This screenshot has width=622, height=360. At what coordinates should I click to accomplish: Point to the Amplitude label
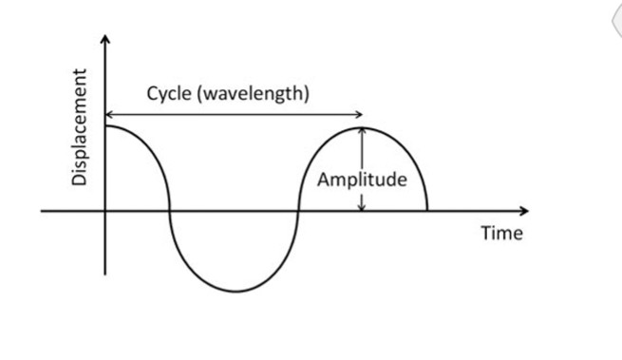coord(362,180)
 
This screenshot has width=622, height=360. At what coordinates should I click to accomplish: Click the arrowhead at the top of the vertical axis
coord(105,39)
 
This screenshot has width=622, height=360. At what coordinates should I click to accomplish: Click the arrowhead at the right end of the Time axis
coord(526,210)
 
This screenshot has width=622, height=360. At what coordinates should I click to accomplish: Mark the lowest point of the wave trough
coord(235,292)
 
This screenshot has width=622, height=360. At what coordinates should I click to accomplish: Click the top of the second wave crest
coord(362,127)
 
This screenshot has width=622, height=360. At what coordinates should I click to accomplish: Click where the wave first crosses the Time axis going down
coord(170,210)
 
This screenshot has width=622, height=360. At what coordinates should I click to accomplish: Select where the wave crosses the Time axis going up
coord(298,210)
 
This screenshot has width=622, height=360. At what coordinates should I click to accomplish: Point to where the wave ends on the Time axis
coord(426,210)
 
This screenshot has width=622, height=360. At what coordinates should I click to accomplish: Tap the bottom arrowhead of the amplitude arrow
coord(362,206)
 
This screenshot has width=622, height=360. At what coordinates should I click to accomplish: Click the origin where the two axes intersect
coord(105,210)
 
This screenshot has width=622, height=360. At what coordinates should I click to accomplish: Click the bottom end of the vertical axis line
coord(105,275)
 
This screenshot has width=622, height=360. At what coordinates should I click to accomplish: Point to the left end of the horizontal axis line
coord(42,210)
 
